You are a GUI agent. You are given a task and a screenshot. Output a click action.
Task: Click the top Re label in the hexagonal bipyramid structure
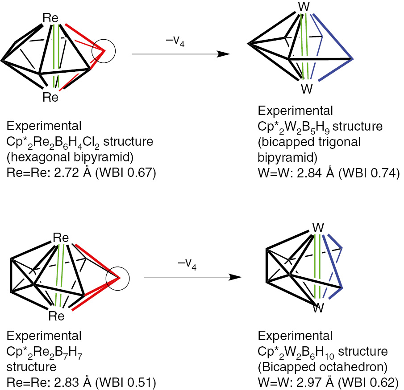click(x=50, y=18)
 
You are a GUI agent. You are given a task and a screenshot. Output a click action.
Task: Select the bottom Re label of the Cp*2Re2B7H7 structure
click(x=57, y=316)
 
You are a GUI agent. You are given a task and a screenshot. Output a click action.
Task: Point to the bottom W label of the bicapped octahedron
click(x=317, y=308)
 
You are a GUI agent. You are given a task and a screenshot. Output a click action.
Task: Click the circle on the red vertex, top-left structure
click(x=104, y=51)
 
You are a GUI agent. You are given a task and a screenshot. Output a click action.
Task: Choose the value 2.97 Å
click(x=320, y=382)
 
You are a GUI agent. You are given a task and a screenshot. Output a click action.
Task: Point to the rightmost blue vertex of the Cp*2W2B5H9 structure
click(x=353, y=58)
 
